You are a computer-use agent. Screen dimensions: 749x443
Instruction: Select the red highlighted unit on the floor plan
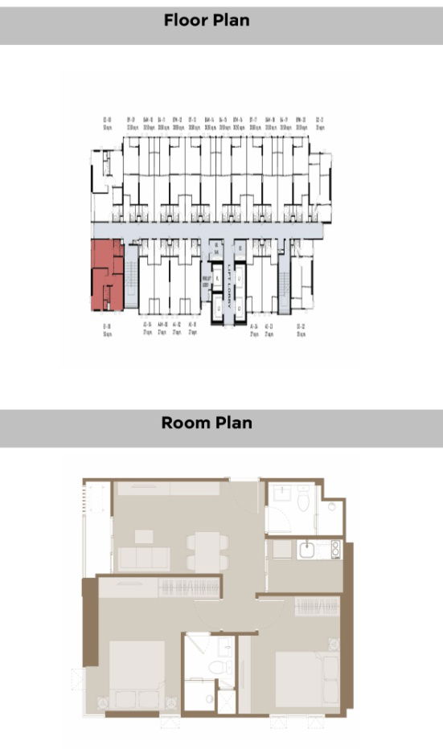(x=105, y=275)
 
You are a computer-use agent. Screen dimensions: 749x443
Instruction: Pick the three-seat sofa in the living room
(x=143, y=558)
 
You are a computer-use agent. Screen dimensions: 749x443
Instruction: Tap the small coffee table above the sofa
(x=144, y=536)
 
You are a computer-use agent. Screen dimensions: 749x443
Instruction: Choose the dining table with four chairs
(x=207, y=551)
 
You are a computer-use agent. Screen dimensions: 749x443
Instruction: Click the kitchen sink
(x=306, y=550)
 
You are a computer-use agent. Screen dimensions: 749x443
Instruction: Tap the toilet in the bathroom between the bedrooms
(x=215, y=668)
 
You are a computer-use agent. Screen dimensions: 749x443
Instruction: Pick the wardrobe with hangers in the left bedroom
(x=190, y=587)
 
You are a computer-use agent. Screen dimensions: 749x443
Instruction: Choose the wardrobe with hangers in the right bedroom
(x=316, y=607)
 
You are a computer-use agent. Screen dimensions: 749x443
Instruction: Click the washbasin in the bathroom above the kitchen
(x=330, y=508)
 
